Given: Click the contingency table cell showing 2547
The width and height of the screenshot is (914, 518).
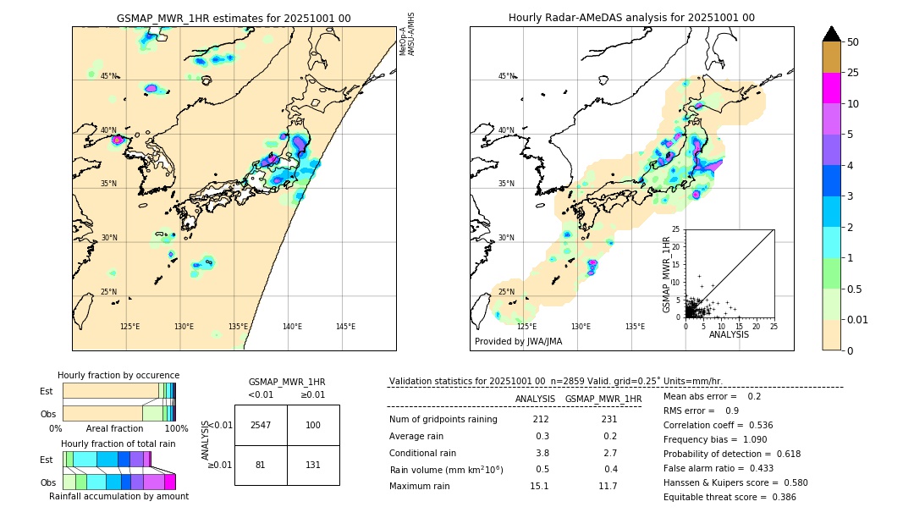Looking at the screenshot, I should pos(261,425).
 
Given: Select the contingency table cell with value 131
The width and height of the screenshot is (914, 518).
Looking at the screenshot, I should pos(313,465).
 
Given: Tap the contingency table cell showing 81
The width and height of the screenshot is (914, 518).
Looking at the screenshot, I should pos(261,465).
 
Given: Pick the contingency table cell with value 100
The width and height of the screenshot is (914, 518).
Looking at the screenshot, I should pos(313,425).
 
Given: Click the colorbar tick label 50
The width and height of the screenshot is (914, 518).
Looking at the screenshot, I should pos(853,42).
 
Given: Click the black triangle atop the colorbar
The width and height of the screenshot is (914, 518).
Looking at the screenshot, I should pos(832,34).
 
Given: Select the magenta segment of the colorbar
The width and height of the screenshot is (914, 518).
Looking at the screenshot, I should pos(832,88).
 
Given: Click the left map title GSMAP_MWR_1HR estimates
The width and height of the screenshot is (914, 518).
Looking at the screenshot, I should pos(234,18).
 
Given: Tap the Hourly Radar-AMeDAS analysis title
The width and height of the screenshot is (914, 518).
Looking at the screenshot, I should pos(631,18).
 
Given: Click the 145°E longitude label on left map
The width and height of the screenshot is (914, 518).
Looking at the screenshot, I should pos(345,327).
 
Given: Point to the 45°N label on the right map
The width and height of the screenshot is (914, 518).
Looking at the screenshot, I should pos(506,76).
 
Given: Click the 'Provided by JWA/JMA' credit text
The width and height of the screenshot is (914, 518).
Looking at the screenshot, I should pos(518,342).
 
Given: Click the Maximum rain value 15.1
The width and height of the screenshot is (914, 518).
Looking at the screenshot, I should pos(539,486).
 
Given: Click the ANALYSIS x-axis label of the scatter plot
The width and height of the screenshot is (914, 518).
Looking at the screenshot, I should pos(729,334).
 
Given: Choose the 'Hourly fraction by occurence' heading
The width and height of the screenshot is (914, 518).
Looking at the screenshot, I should pos(118,375).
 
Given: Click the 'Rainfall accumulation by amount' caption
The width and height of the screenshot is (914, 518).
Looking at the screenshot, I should pos(118,496).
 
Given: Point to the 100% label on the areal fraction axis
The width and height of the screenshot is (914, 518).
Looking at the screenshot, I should pos(177,429).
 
